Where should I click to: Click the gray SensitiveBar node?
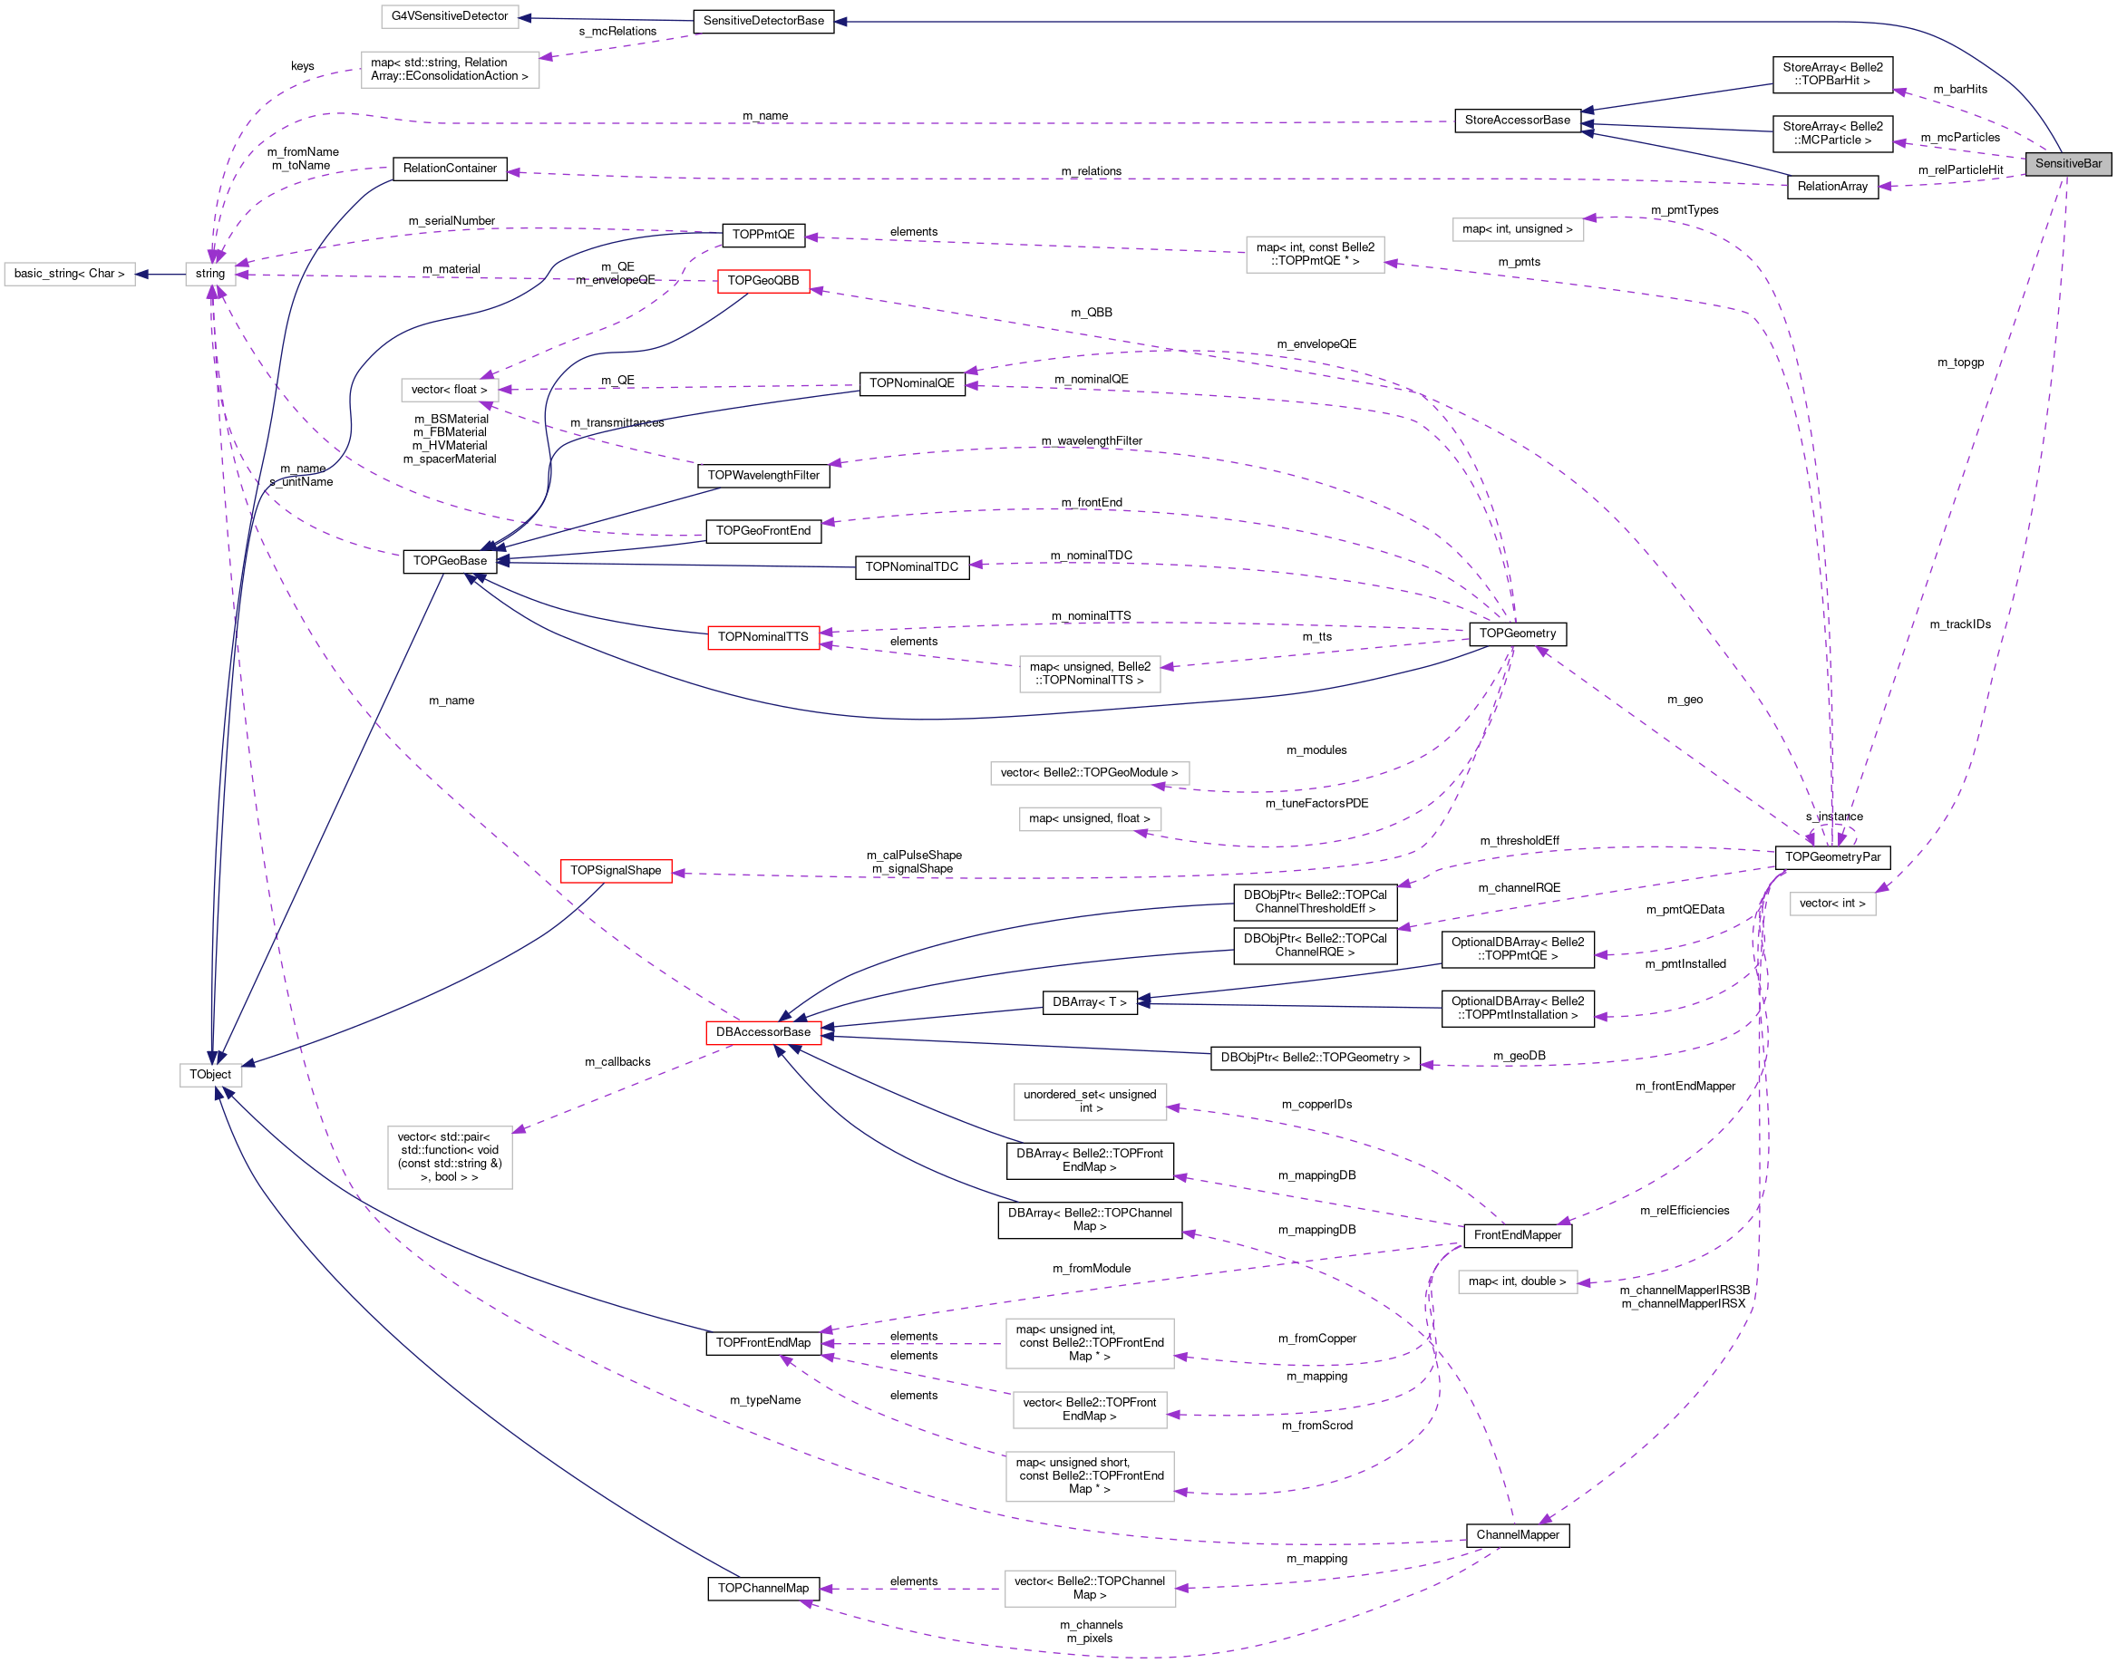(2067, 163)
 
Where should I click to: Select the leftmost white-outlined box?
(69, 275)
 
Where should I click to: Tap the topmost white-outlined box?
(449, 16)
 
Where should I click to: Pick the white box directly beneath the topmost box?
(450, 69)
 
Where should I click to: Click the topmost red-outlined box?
(762, 281)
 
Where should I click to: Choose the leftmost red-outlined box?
(616, 872)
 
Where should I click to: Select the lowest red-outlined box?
(762, 1033)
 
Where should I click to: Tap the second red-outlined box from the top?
(762, 638)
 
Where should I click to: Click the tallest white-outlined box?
(449, 1157)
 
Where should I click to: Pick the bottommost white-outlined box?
(1090, 1588)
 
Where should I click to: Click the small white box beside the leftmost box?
(210, 275)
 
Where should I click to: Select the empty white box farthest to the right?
(1831, 904)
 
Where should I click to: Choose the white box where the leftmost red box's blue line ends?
(210, 1075)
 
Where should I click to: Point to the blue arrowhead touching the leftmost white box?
(141, 275)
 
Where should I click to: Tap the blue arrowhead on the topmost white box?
(525, 17)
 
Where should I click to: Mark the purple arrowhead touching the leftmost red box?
(679, 874)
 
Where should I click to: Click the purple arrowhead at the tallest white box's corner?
(519, 1129)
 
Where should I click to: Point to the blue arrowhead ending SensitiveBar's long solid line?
(840, 22)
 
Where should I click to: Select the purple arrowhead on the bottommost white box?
(1182, 1588)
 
